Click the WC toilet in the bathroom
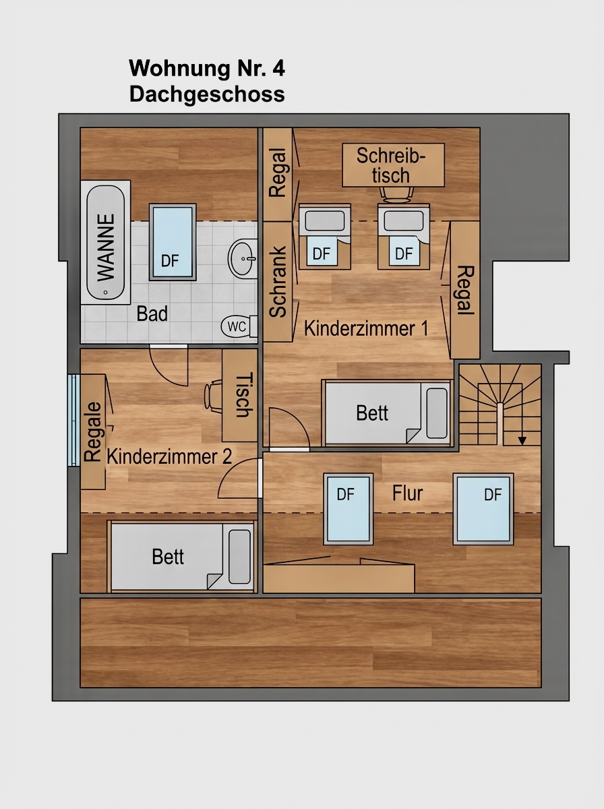click(x=239, y=326)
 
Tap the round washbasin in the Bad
click(x=243, y=258)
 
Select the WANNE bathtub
click(x=105, y=242)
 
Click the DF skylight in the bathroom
click(x=173, y=242)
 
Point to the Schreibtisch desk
click(x=393, y=164)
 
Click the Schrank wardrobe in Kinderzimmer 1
click(x=278, y=281)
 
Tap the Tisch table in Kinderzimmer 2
click(x=239, y=395)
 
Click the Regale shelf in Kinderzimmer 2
click(x=93, y=431)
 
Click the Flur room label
click(x=407, y=493)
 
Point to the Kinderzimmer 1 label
click(x=366, y=328)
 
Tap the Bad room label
click(x=152, y=313)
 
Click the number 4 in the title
click(x=278, y=68)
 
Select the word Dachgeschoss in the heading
click(x=207, y=94)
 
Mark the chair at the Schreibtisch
click(x=396, y=195)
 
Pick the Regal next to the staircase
click(x=465, y=290)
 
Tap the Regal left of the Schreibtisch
click(x=278, y=175)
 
